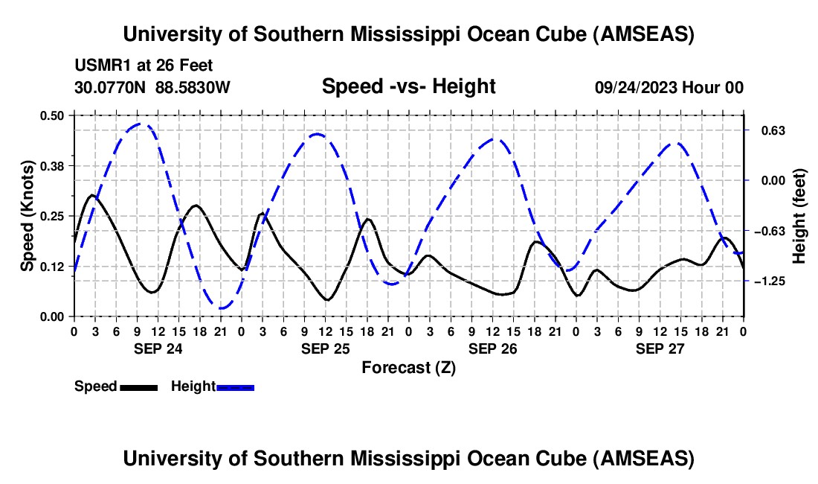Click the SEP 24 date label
[158, 348]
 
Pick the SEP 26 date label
[492, 348]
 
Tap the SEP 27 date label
[660, 348]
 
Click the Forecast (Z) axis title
[408, 367]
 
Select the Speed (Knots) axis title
[28, 216]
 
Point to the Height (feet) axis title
[799, 216]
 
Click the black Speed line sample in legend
[138, 386]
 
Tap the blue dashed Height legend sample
[235, 386]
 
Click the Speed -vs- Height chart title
[408, 86]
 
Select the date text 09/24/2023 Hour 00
[669, 88]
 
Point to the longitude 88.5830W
[193, 88]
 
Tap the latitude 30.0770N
[112, 88]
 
